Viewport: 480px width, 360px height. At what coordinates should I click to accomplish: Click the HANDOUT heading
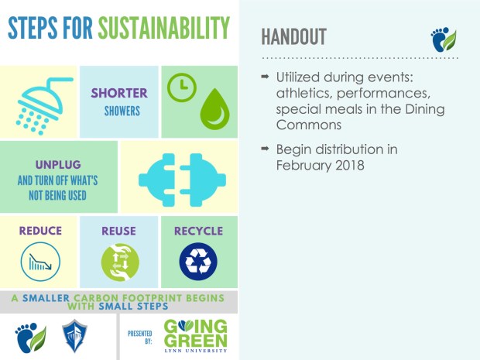(293, 36)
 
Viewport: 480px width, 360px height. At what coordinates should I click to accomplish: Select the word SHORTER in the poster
(119, 93)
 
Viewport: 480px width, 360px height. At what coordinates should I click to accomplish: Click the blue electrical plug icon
(178, 177)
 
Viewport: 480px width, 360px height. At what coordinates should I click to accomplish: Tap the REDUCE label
(40, 231)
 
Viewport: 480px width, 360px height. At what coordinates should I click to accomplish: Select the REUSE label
(118, 231)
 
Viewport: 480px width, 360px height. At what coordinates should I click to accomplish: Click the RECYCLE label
(198, 231)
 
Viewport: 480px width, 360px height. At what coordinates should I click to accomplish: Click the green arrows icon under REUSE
(119, 262)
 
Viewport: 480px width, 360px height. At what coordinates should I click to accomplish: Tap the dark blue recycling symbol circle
(198, 262)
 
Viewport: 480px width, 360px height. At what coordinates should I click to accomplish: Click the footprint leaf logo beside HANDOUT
(444, 39)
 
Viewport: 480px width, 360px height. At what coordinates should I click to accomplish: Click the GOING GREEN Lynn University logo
(198, 334)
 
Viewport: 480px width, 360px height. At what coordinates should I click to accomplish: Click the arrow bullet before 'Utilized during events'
(266, 77)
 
